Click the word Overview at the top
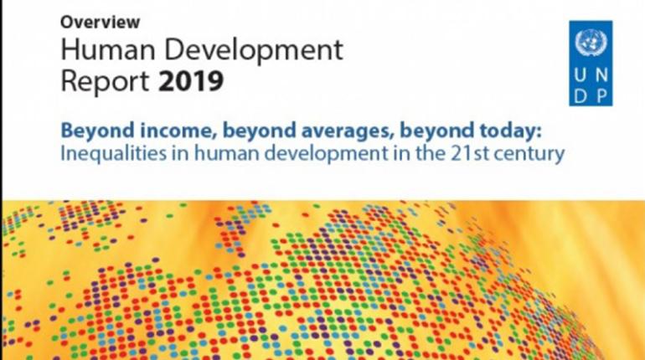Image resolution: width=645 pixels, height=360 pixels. click(101, 22)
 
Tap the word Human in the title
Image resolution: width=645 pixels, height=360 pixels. click(108, 49)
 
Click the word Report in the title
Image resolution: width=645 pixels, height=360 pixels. click(105, 81)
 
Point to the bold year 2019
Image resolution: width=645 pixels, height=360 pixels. click(191, 80)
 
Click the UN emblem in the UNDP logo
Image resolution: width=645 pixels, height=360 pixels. click(591, 42)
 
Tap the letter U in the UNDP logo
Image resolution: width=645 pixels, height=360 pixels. click(580, 75)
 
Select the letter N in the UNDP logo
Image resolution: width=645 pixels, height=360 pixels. click(601, 75)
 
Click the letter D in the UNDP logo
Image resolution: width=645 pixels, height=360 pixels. click(580, 96)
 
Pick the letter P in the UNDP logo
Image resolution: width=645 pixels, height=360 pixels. click(601, 96)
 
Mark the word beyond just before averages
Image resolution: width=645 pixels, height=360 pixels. click(259, 131)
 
